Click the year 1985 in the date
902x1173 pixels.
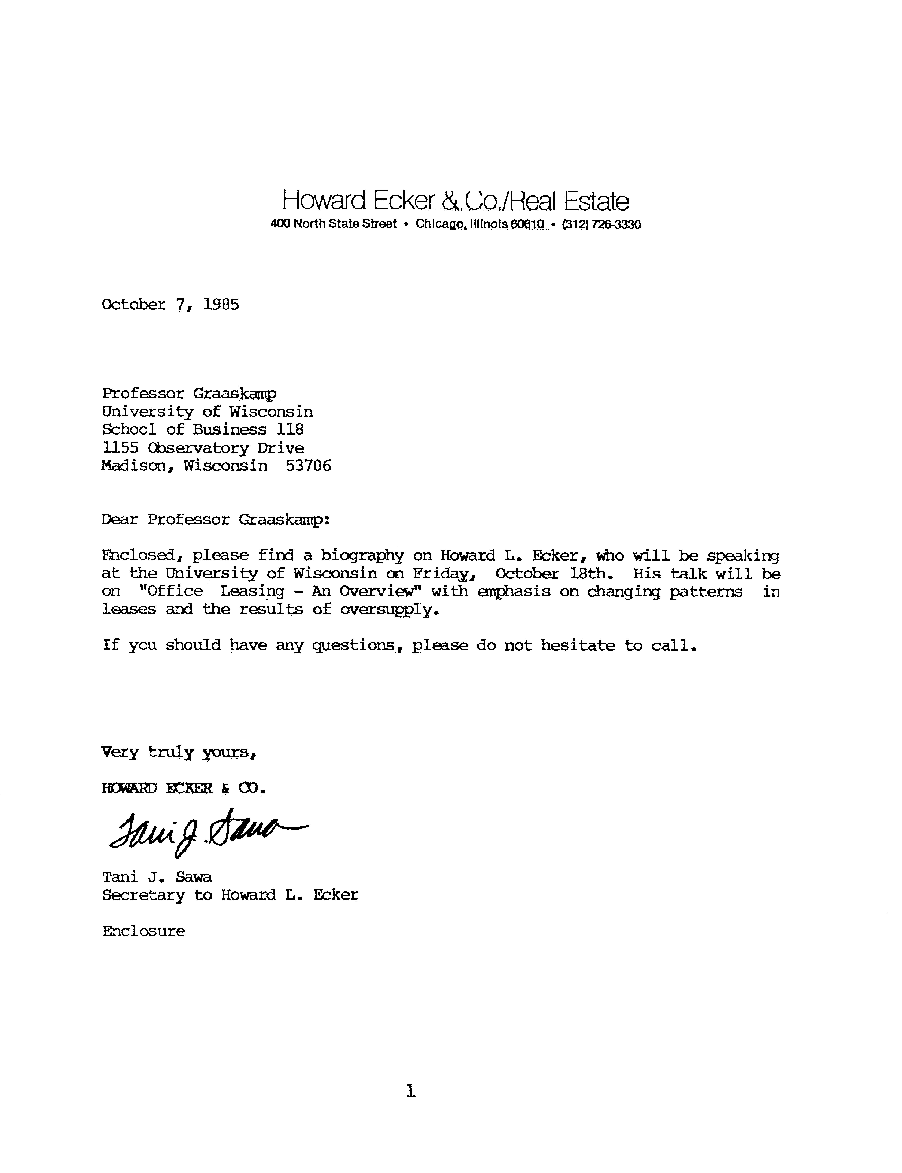coord(221,305)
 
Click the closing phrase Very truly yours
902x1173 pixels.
coord(179,752)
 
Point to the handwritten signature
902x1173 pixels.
coord(207,832)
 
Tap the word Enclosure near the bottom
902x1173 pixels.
coord(144,931)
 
